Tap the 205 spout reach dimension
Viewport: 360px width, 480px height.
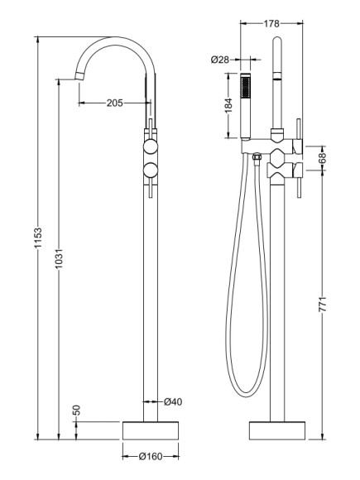[x=115, y=103]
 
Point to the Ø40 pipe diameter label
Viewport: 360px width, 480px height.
[x=172, y=402]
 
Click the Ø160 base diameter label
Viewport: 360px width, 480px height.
[x=151, y=456]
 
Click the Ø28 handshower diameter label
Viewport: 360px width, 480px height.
[x=220, y=59]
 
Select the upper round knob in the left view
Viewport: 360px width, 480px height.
[x=150, y=147]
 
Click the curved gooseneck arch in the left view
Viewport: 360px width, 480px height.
[x=116, y=41]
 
